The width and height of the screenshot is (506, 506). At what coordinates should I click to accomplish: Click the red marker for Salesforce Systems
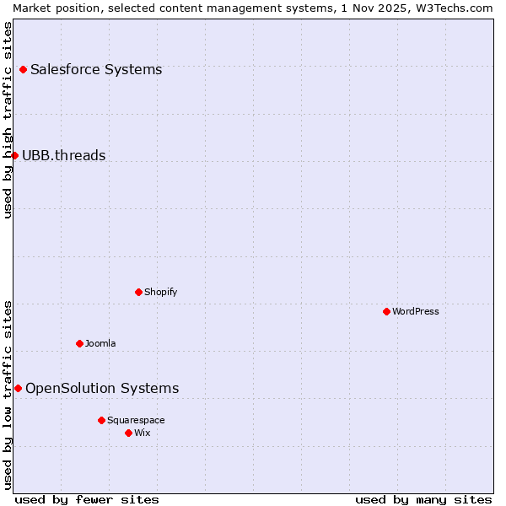click(x=23, y=69)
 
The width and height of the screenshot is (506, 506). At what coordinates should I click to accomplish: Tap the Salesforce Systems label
click(x=96, y=69)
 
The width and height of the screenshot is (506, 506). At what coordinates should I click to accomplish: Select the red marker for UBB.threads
click(x=14, y=155)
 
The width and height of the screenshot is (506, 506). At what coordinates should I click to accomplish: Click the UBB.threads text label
click(x=64, y=155)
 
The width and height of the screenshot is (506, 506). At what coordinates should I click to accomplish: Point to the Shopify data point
click(x=138, y=292)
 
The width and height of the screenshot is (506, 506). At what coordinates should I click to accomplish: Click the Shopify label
click(x=161, y=292)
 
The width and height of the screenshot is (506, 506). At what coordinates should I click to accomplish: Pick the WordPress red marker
click(x=386, y=311)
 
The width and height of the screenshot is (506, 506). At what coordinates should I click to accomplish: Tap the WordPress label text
click(x=416, y=311)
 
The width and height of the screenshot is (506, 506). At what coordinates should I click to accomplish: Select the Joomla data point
click(x=79, y=343)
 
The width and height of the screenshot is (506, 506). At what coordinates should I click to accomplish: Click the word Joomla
click(x=100, y=343)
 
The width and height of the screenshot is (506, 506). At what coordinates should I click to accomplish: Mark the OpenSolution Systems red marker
click(x=18, y=388)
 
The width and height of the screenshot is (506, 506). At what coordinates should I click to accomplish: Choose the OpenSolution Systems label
click(x=102, y=388)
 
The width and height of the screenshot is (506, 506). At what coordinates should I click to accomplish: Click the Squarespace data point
click(x=101, y=420)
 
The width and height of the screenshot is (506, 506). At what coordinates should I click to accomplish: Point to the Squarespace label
click(x=136, y=420)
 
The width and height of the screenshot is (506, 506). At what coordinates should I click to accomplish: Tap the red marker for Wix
click(x=128, y=433)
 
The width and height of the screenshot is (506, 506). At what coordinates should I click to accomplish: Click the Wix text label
click(x=143, y=433)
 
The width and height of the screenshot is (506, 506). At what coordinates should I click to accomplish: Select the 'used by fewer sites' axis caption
click(x=87, y=499)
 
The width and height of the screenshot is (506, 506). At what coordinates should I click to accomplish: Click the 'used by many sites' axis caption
click(x=423, y=499)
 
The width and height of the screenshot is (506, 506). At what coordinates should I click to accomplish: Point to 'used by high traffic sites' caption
click(x=8, y=120)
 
